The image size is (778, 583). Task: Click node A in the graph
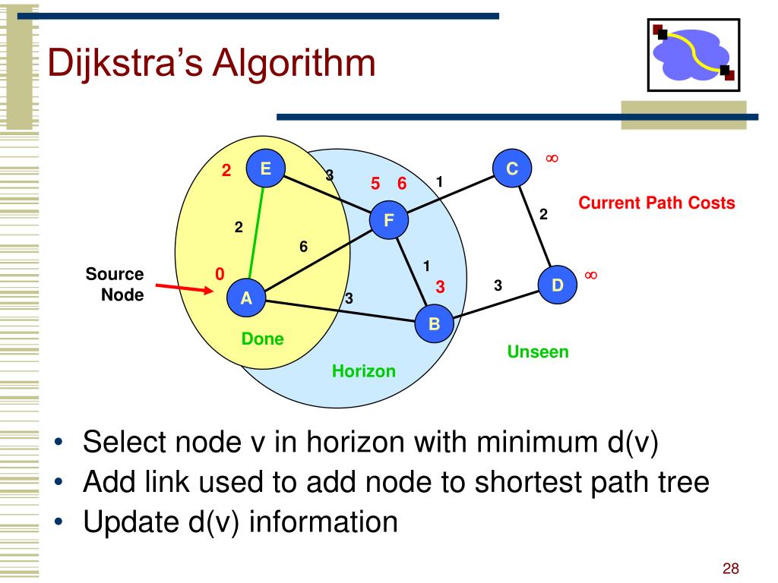[x=246, y=298]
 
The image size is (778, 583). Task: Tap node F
[x=389, y=221]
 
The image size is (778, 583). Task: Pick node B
[x=435, y=324]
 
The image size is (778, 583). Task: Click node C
[x=512, y=169]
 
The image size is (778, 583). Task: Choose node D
[x=558, y=285]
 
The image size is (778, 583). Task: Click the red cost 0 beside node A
[x=220, y=274]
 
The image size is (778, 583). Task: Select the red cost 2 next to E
[x=226, y=170]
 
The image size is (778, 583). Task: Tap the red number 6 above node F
[x=402, y=183]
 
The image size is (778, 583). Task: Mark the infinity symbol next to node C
[x=552, y=158]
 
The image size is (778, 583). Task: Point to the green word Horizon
[x=363, y=371]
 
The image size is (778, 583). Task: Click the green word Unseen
[x=538, y=351]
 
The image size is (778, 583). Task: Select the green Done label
[x=262, y=339]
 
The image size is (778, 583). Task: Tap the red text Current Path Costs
[x=656, y=203]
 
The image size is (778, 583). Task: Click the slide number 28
[x=731, y=569]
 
